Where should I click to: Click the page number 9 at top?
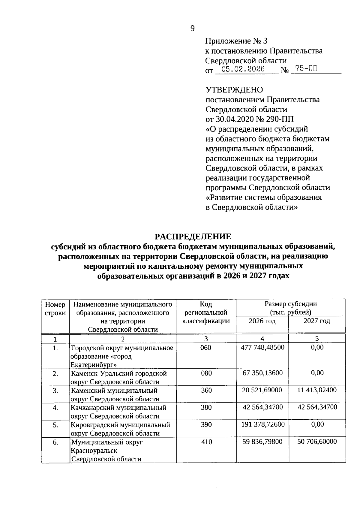(x=192, y=29)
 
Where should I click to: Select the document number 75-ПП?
(x=305, y=69)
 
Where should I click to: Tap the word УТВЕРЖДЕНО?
(x=234, y=90)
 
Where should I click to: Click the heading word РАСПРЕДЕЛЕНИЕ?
(x=193, y=237)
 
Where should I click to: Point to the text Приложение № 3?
(x=236, y=41)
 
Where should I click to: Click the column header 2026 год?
(x=262, y=321)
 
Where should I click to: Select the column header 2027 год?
(x=317, y=321)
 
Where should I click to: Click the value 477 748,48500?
(x=262, y=347)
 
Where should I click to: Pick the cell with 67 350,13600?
(x=262, y=373)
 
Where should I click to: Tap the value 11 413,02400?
(x=317, y=390)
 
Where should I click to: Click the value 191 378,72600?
(x=263, y=424)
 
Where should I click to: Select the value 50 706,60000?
(x=317, y=442)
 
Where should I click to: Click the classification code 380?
(x=206, y=407)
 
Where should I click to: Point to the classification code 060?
(x=206, y=348)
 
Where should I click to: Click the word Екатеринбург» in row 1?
(x=94, y=365)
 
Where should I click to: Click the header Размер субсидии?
(x=290, y=304)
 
